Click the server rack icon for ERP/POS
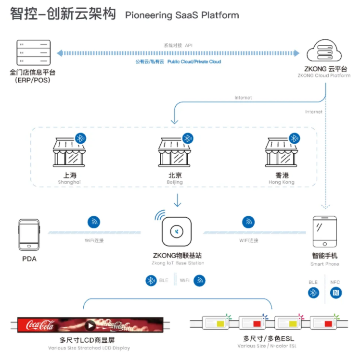click(x=34, y=53)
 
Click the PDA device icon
click(x=29, y=235)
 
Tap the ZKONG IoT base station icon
click(x=178, y=231)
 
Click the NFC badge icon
click(x=335, y=292)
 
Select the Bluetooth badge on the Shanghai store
click(x=81, y=138)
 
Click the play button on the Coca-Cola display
click(x=90, y=325)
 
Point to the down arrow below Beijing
click(x=178, y=200)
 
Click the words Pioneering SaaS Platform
click(x=182, y=15)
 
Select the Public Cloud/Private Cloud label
click(x=178, y=62)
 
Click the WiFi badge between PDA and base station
click(x=94, y=222)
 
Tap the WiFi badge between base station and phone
click(x=249, y=222)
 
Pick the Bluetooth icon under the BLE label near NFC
click(x=314, y=292)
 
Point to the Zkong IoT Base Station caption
click(x=178, y=263)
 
